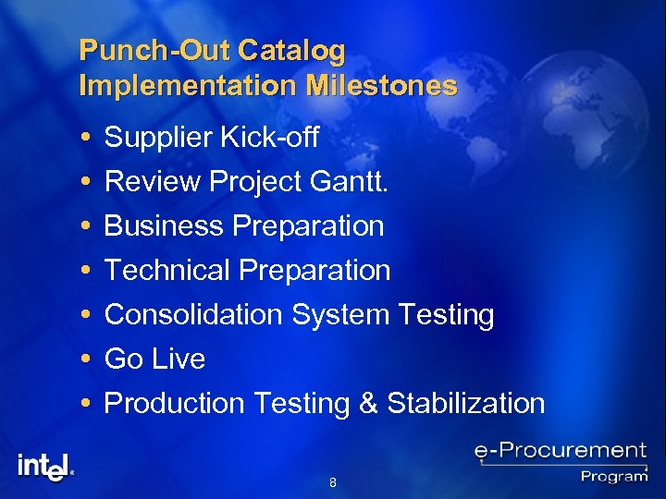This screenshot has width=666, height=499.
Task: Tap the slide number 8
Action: click(x=333, y=482)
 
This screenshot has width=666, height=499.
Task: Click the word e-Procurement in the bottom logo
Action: click(x=561, y=451)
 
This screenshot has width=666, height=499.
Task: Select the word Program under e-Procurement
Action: click(x=613, y=476)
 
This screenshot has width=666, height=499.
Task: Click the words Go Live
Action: click(x=154, y=359)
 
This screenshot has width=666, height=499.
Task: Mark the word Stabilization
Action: click(x=466, y=403)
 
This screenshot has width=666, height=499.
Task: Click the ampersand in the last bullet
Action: click(x=367, y=404)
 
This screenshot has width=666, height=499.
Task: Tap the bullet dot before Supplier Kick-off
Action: click(x=86, y=139)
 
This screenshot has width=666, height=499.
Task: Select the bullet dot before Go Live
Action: click(x=86, y=359)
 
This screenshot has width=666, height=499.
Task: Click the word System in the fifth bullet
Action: click(x=341, y=315)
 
